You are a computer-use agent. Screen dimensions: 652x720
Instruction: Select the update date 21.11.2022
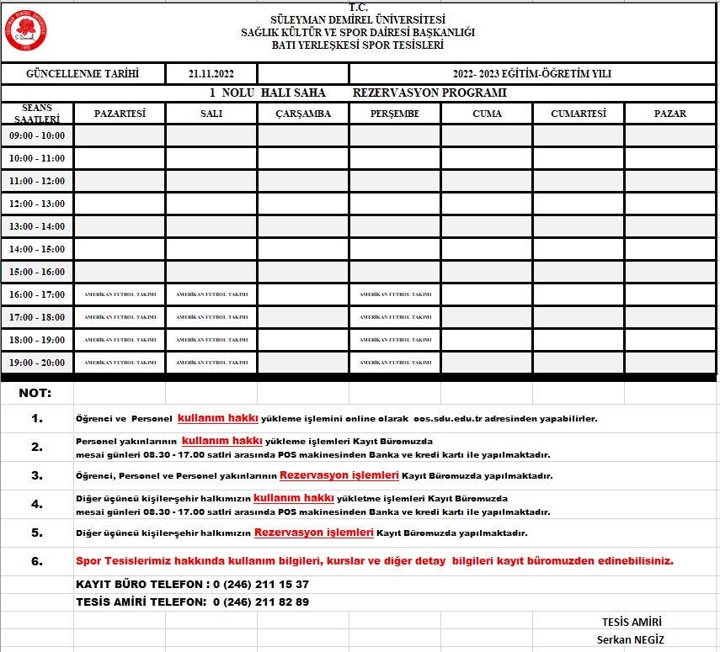pos(211,74)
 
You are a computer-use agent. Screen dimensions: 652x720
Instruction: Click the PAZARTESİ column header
pos(120,114)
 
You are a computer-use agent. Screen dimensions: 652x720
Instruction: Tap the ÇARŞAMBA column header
pos(303,114)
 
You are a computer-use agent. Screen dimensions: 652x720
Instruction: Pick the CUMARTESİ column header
pos(578,114)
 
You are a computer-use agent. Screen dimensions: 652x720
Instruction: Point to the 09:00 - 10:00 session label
pos(36,135)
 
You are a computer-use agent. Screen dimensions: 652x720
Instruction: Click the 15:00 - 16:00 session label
pos(36,272)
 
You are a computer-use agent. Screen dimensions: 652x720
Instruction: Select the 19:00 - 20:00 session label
pos(36,363)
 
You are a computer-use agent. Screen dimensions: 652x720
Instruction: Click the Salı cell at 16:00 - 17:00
pos(211,294)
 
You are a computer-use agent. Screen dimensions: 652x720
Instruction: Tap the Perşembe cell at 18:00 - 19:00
pos(395,340)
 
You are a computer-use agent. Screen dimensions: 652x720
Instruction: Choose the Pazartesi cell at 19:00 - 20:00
pos(120,363)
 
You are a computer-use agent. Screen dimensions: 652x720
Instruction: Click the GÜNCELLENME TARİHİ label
pos(83,74)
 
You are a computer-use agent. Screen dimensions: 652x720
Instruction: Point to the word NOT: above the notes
pos(35,393)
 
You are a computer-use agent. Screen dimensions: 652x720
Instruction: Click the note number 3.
pos(36,475)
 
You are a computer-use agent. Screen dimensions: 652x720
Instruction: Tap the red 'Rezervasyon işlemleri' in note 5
pos(314,533)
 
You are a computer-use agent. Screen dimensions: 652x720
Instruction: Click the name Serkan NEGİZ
pos(630,639)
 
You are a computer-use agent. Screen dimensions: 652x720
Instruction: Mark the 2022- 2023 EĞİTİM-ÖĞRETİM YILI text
pos(531,74)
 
